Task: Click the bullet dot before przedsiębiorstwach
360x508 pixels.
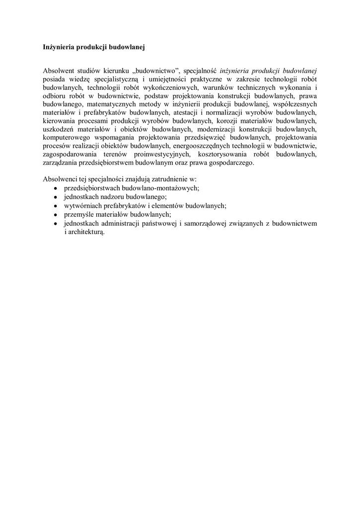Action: [56, 189]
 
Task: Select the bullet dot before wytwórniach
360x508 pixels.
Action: [56, 206]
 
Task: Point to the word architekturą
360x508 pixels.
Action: [85, 231]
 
